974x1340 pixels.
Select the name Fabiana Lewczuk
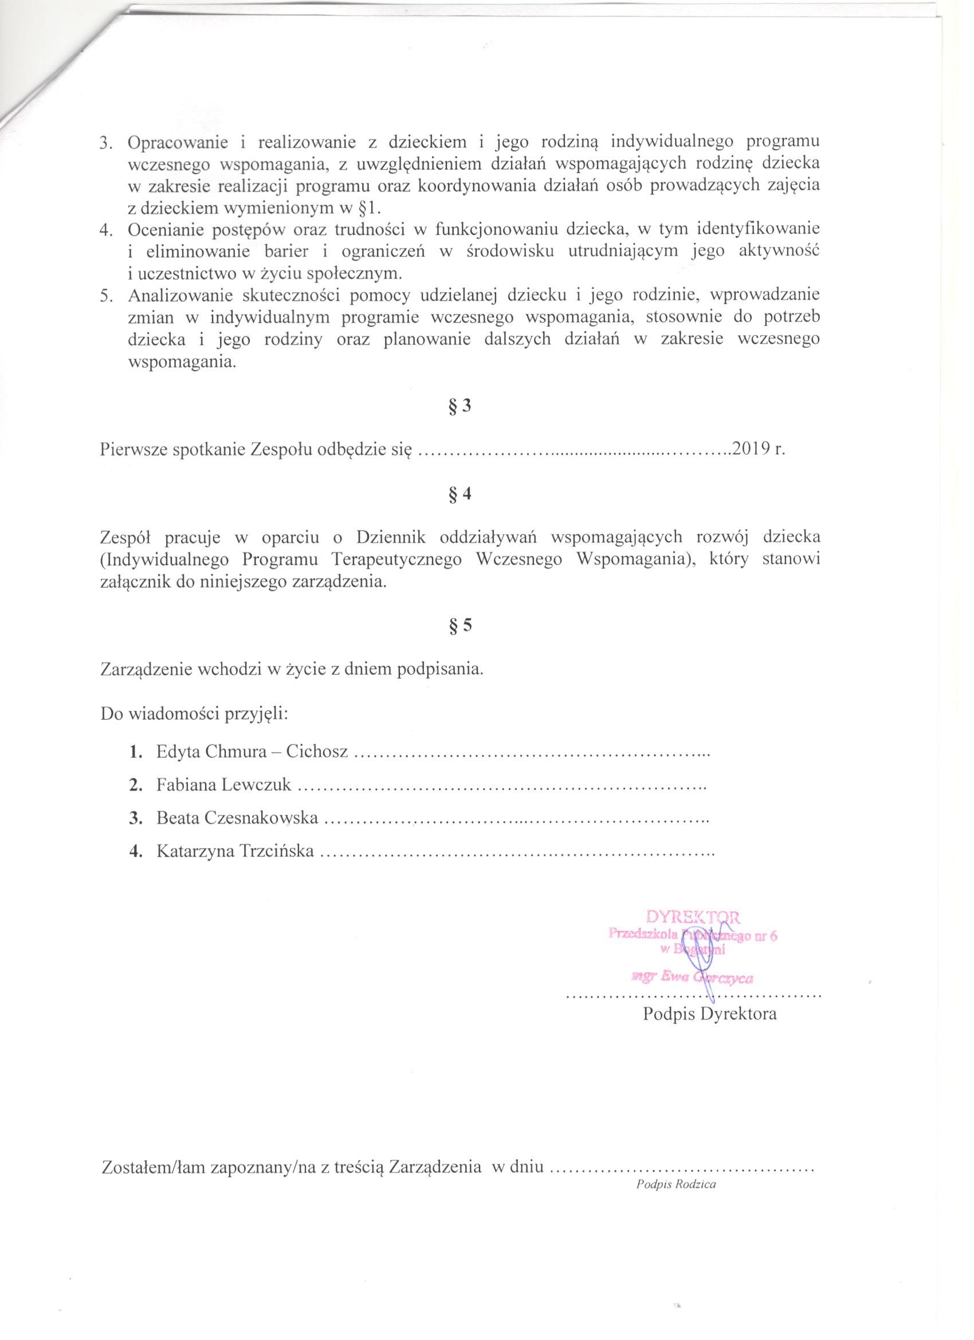pos(224,785)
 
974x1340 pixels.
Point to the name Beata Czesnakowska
pos(237,818)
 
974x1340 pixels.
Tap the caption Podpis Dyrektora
pos(709,1014)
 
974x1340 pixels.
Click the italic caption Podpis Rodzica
pos(676,1167)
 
